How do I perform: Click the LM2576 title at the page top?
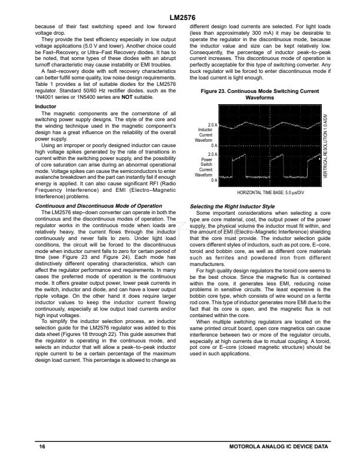[180, 18]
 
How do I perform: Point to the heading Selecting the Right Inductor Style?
[233, 206]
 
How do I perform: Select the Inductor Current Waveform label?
[204, 135]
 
